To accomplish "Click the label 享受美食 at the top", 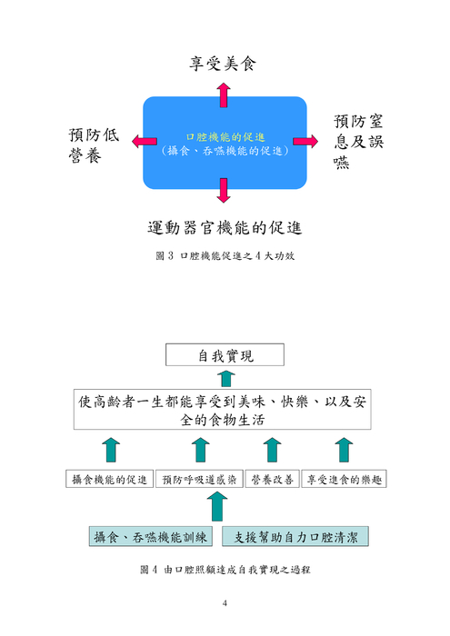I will click(224, 64).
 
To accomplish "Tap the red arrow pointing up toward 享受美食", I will click(224, 94).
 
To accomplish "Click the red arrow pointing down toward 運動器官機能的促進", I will click(224, 189).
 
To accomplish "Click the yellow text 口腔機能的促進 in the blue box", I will click(224, 135).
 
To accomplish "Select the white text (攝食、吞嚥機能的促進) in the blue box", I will click(224, 150).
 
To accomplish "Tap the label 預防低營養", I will click(92, 145).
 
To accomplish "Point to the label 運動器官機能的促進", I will click(224, 225).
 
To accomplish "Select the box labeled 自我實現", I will click(225, 355).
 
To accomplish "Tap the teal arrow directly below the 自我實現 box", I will click(225, 377).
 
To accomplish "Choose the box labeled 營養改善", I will click(271, 479).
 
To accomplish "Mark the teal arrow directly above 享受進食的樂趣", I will click(343, 449).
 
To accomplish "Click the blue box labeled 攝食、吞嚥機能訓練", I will click(151, 537).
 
